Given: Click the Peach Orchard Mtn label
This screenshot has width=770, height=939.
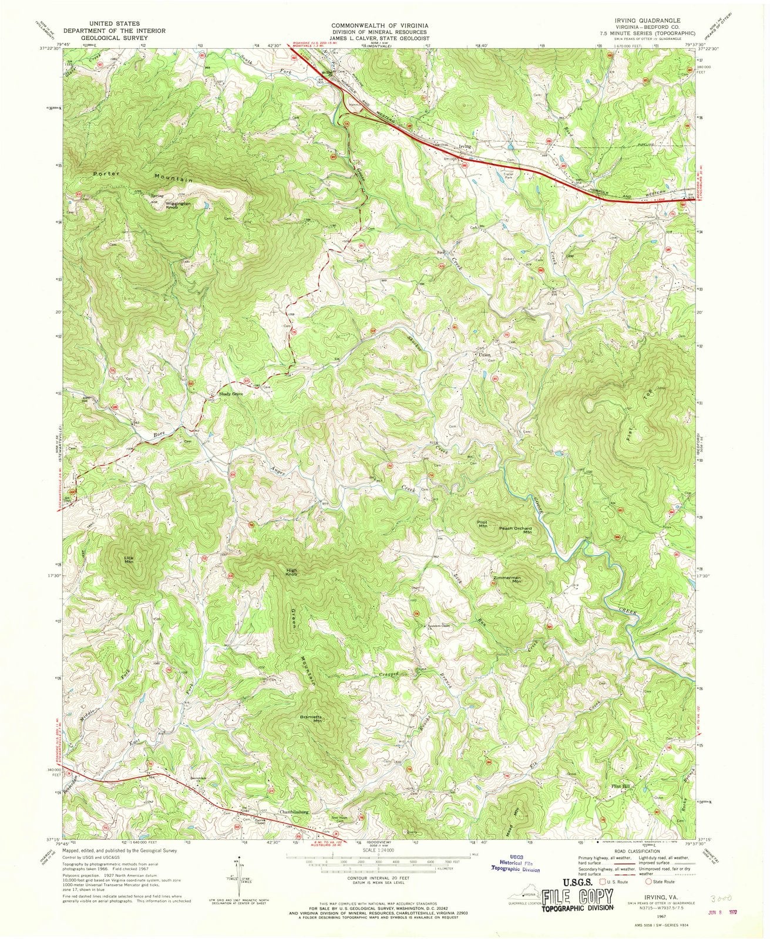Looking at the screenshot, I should [515, 530].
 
